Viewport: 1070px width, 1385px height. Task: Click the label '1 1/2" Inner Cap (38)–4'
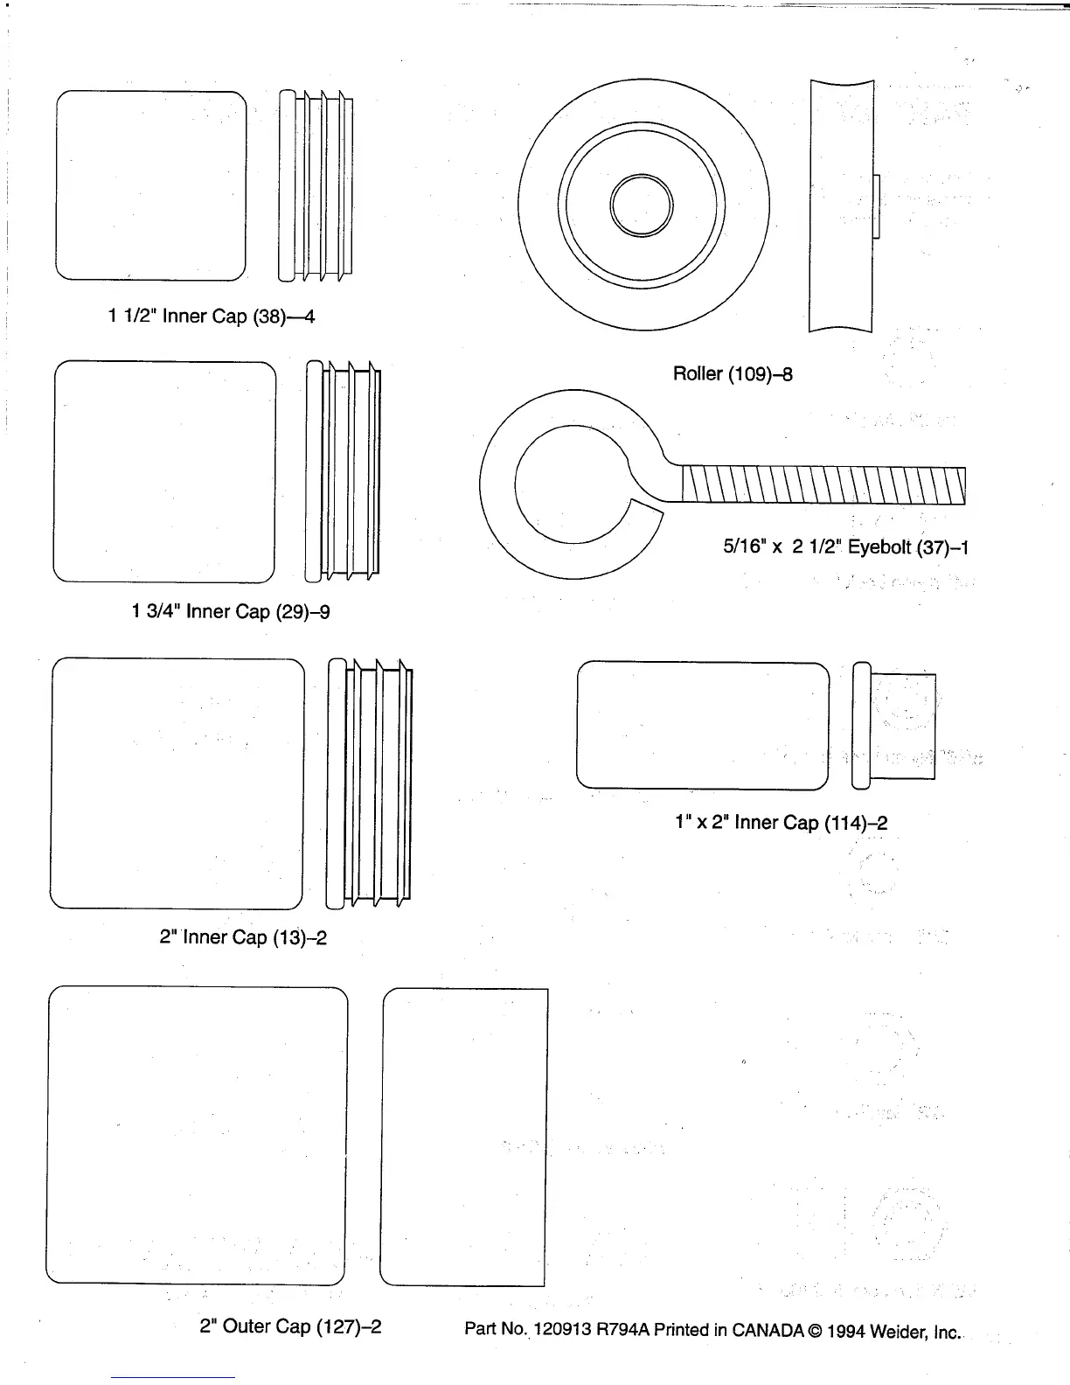(211, 317)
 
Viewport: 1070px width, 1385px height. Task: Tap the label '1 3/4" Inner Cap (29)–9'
(231, 611)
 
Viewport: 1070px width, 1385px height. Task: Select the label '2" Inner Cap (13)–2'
(243, 937)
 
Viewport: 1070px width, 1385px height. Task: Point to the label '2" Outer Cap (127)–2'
(290, 1326)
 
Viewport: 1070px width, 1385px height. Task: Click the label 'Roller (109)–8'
(733, 374)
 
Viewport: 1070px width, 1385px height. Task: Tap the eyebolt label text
(845, 547)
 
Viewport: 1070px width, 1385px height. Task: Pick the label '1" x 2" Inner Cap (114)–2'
(782, 823)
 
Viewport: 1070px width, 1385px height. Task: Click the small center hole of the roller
(643, 206)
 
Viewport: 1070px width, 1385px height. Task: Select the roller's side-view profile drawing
(842, 206)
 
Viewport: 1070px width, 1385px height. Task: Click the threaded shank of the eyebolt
(822, 485)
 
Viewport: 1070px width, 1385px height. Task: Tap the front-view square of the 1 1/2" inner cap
(150, 185)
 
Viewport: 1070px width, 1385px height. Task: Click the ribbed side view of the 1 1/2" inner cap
(316, 185)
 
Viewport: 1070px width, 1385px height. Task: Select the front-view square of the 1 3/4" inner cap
(164, 471)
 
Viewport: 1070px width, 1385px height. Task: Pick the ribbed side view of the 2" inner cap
(370, 783)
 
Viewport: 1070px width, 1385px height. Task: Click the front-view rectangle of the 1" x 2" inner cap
(703, 726)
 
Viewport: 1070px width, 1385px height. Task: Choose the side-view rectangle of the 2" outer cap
(464, 1137)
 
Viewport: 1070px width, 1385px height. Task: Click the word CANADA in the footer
(768, 1330)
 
